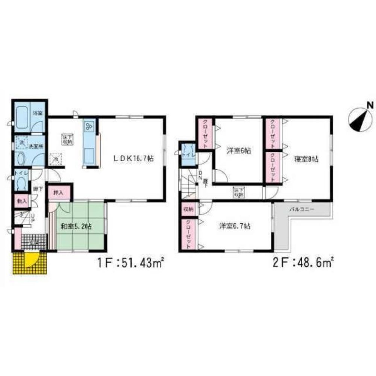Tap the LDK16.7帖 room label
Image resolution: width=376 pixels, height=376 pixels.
coord(133,158)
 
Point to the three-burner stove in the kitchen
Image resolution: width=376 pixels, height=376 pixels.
coord(89,127)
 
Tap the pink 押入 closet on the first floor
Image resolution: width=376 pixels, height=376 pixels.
coord(58,193)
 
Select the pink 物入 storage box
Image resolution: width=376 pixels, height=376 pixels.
coord(21,201)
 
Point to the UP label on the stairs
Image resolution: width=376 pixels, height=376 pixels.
coord(33,218)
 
